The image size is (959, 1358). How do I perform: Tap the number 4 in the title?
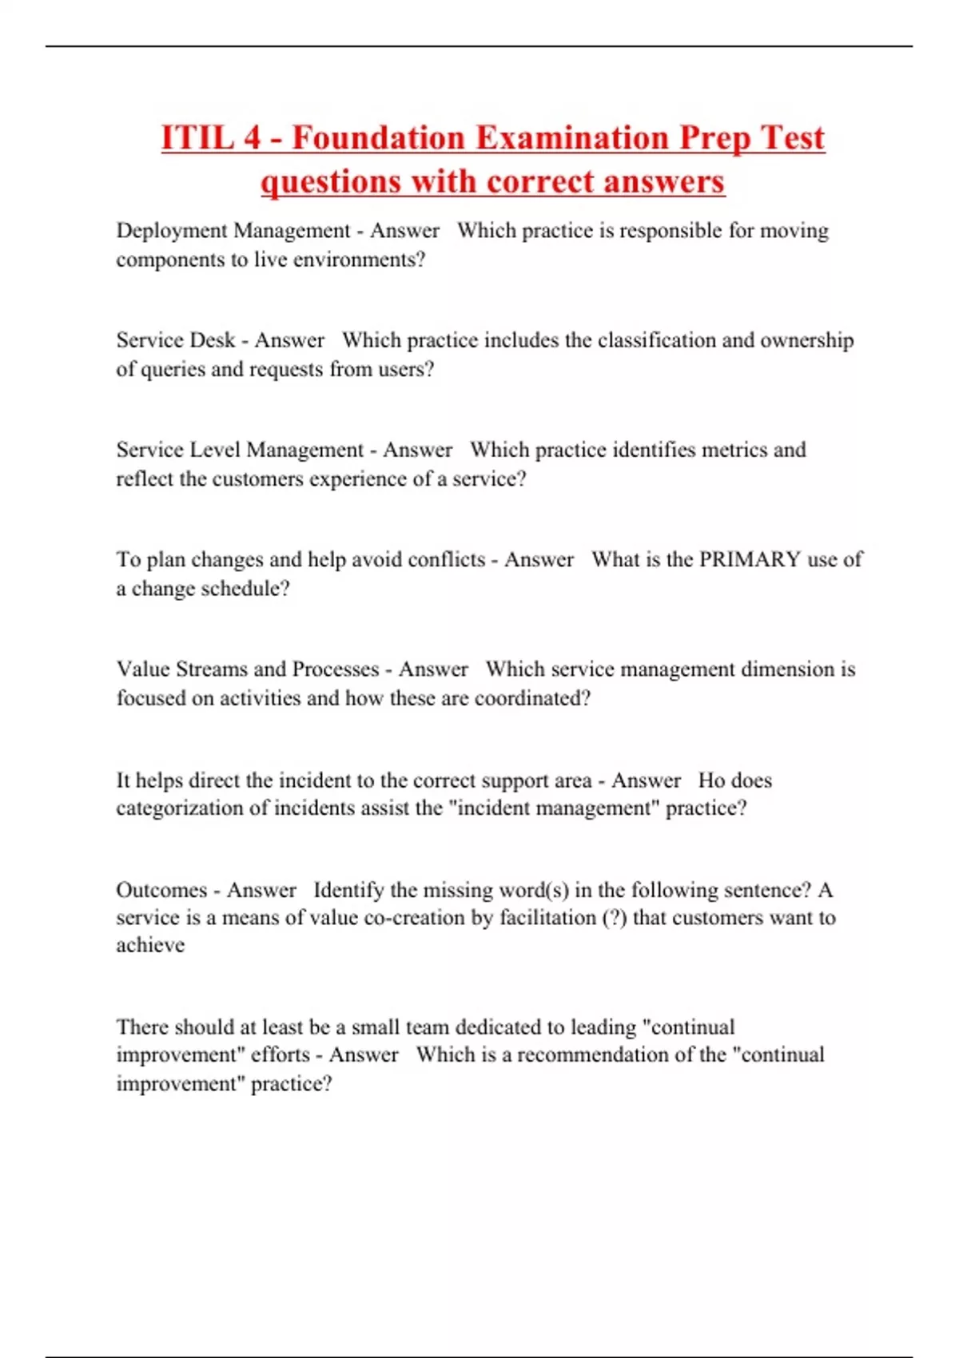click(252, 137)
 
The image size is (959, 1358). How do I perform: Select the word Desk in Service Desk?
click(212, 340)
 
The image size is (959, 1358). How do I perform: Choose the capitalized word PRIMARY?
click(750, 559)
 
